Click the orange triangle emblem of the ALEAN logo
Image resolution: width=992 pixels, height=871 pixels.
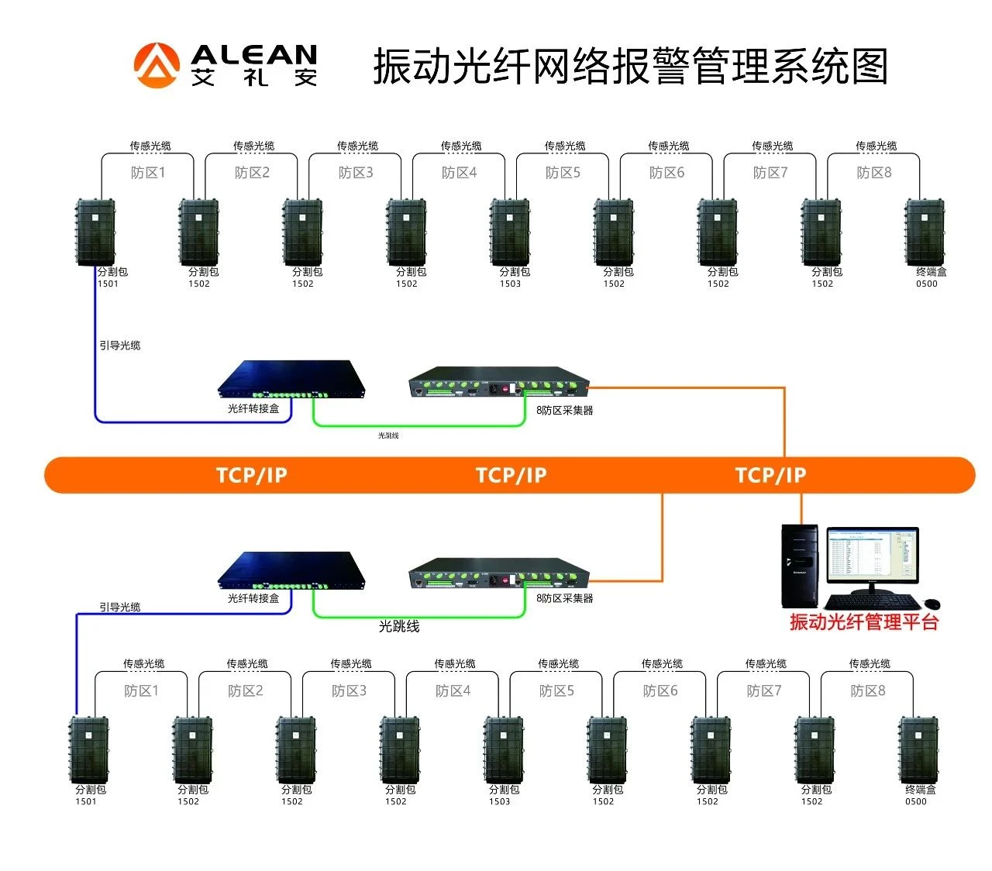(x=158, y=65)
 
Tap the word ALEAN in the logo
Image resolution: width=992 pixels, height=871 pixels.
(x=253, y=55)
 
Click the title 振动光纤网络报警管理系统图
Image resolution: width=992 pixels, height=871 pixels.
(x=630, y=66)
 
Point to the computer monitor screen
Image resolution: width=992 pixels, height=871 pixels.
(x=872, y=554)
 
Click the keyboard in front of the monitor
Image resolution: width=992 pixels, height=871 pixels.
(x=872, y=602)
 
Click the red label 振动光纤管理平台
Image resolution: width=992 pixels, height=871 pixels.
(x=864, y=622)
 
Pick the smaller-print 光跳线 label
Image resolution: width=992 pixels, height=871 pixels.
(x=388, y=436)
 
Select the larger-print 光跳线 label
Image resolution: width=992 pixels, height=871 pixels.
(x=399, y=626)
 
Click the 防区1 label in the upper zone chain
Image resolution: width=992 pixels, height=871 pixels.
(x=148, y=173)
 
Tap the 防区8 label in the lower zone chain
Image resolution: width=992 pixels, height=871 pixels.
(x=868, y=690)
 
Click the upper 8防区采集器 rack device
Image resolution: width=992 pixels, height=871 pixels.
(x=498, y=382)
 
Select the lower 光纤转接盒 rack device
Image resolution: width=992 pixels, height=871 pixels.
(x=291, y=572)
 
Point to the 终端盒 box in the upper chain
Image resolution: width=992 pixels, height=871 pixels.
(x=925, y=232)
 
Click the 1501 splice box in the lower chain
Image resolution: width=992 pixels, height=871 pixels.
(x=89, y=749)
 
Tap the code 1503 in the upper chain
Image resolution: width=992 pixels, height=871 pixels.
(x=510, y=284)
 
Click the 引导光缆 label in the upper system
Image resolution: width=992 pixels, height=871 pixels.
(x=120, y=346)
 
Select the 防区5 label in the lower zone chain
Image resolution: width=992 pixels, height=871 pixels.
(x=556, y=690)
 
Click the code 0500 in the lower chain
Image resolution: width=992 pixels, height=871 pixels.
(x=916, y=801)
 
